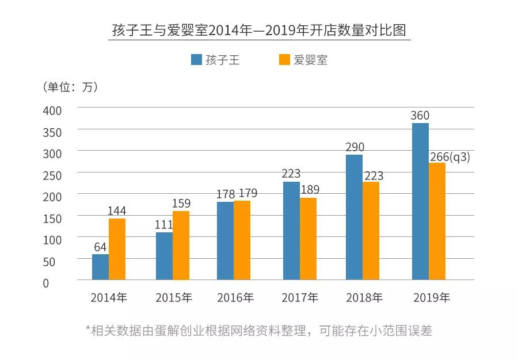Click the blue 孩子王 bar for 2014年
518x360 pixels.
100,267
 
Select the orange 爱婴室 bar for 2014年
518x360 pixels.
117,249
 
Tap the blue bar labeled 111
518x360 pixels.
164,256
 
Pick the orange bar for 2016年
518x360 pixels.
242,240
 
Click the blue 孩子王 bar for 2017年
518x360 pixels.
291,231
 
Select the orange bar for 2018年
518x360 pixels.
371,231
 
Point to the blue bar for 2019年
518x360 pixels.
420,201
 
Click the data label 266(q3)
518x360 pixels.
450,156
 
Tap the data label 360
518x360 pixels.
420,116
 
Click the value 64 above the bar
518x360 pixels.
100,247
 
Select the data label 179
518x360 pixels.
247,193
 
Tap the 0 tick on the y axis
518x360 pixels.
46,283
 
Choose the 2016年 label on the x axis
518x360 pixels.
235,298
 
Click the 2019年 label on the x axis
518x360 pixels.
432,298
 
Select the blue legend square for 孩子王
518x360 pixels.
196,60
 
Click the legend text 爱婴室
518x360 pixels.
310,60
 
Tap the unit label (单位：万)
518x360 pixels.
70,87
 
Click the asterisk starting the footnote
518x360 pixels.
88,330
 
